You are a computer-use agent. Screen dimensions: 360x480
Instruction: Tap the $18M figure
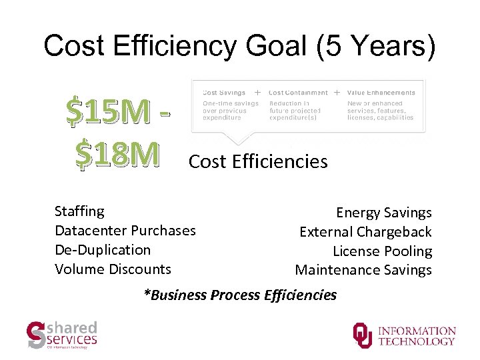pyautogui.click(x=117, y=153)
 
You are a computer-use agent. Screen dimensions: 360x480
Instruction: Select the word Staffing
pyautogui.click(x=79, y=211)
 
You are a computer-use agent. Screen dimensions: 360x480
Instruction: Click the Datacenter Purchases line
pyautogui.click(x=125, y=231)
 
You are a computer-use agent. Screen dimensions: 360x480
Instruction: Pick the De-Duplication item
pyautogui.click(x=103, y=250)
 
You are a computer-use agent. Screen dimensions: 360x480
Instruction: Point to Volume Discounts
pyautogui.click(x=113, y=269)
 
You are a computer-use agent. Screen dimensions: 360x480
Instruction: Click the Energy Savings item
pyautogui.click(x=383, y=213)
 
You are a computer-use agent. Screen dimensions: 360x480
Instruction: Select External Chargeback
pyautogui.click(x=365, y=232)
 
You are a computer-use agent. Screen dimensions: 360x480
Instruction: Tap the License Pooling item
pyautogui.click(x=382, y=251)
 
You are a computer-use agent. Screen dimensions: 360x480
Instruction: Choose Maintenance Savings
pyautogui.click(x=363, y=270)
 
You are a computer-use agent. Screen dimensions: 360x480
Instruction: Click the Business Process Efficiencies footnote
pyautogui.click(x=240, y=295)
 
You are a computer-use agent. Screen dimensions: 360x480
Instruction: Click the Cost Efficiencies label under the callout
pyautogui.click(x=258, y=162)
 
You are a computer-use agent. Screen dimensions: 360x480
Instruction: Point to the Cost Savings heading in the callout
pyautogui.click(x=224, y=93)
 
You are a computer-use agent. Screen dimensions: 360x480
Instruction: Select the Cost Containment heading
pyautogui.click(x=298, y=93)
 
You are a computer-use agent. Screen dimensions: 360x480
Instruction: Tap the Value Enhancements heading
pyautogui.click(x=381, y=93)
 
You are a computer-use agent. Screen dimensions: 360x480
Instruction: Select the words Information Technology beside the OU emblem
pyautogui.click(x=417, y=336)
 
